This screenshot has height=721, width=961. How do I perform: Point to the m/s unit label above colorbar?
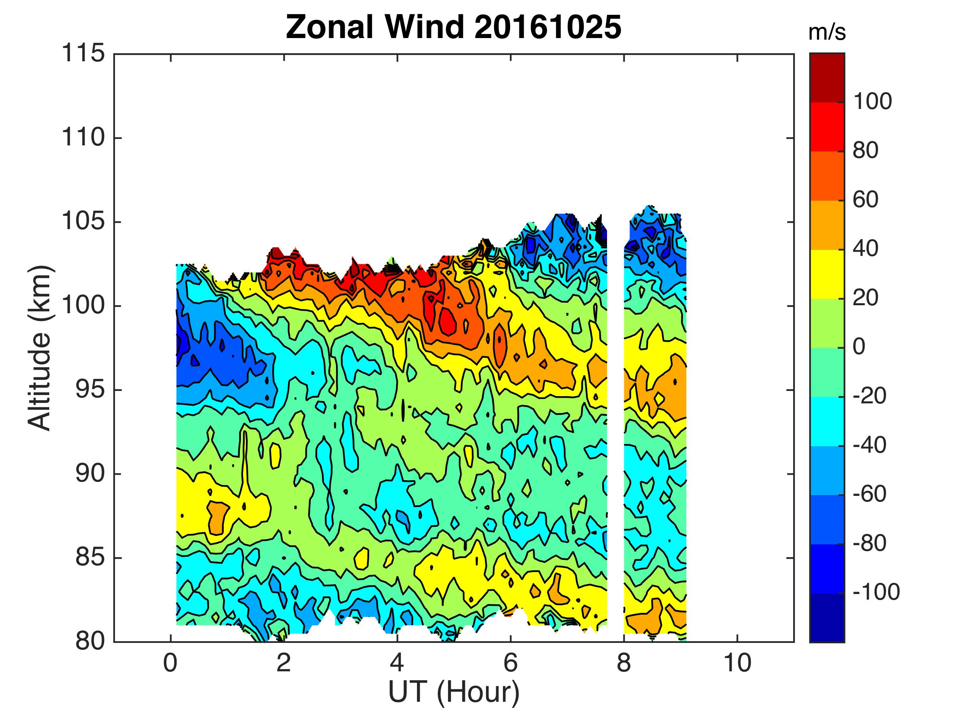coord(827,34)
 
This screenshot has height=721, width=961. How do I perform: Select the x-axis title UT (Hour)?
coord(454,691)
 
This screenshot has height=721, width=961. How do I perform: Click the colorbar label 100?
coord(872,102)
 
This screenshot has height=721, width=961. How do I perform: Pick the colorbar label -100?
coord(876,592)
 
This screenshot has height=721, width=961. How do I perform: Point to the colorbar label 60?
coord(865,200)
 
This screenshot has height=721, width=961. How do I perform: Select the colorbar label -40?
coord(869,445)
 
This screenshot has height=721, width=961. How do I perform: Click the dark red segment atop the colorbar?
coord(827,77)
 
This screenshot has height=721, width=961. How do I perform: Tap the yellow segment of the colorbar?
coord(827,274)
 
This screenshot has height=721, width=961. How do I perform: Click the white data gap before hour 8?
coord(615,435)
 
